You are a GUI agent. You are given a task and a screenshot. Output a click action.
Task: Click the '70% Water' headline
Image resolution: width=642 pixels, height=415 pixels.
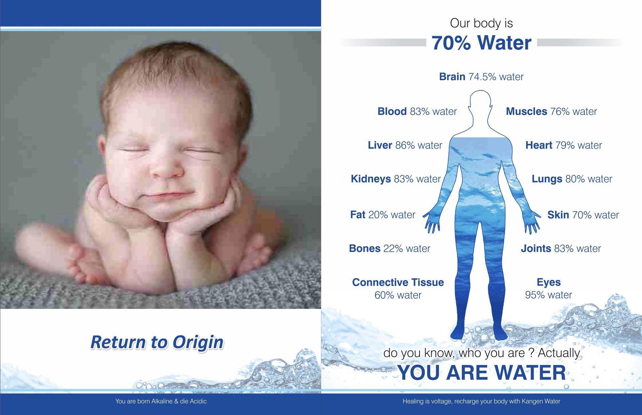481,43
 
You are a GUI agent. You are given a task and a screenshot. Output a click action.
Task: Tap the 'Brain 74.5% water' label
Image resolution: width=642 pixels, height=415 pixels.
481,77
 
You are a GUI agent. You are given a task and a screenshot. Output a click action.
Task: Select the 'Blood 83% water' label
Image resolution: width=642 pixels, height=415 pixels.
417,111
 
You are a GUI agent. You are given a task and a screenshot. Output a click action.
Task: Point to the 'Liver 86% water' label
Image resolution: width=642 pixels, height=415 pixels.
405,145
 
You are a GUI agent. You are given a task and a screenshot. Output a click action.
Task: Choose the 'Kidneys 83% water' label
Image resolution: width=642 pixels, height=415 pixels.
396,179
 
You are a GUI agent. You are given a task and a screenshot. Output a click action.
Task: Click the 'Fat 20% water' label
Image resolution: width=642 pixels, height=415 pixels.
383,215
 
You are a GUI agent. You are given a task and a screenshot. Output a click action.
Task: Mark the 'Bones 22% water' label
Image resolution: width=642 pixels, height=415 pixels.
390,248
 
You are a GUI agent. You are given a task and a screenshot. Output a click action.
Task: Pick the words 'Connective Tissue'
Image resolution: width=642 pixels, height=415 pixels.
398,282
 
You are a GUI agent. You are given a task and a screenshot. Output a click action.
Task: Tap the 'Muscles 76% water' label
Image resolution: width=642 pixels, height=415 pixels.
551,111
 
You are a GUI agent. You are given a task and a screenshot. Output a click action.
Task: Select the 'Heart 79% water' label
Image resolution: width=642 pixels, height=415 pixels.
563,145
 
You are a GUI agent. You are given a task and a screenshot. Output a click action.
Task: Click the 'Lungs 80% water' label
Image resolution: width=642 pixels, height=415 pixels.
572,179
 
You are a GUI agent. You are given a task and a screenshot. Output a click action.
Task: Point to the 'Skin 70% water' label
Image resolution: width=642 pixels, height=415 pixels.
583,215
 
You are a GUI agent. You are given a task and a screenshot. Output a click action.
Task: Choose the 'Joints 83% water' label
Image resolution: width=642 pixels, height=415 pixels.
561,248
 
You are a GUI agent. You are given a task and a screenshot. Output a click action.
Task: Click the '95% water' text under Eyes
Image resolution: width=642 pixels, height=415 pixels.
548,295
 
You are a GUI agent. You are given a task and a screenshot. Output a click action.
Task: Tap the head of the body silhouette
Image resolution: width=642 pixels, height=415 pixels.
480,102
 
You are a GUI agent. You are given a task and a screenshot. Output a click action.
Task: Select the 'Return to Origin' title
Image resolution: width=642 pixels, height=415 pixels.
157,342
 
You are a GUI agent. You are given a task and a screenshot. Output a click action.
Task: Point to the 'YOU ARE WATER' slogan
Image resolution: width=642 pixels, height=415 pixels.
481,373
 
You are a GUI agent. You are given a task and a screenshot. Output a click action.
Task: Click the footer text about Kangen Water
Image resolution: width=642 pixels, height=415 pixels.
481,401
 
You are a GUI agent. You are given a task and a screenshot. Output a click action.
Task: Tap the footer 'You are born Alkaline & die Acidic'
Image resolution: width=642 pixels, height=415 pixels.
161,401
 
